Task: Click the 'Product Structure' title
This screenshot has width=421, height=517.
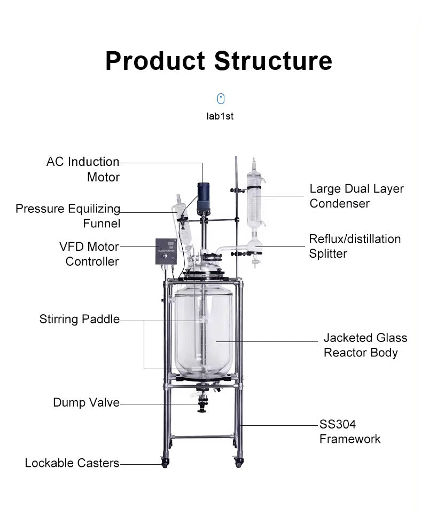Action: point(218,61)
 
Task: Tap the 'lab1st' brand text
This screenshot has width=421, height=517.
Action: point(220,116)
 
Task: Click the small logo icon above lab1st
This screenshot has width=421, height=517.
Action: point(221,99)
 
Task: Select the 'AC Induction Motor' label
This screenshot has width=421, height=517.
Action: point(83,169)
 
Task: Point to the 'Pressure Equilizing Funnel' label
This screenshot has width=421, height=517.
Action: point(68,216)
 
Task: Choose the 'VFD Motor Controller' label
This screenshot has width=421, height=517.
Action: point(89,254)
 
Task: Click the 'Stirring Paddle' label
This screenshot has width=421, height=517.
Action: point(79,320)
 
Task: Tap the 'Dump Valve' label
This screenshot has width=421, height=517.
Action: point(86,402)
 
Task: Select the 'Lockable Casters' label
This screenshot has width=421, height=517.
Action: point(72,463)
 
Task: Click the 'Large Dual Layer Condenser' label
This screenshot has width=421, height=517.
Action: point(356,196)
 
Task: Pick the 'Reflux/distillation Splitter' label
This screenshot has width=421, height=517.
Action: point(354,246)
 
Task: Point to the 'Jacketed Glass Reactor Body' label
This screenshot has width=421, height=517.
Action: point(365,345)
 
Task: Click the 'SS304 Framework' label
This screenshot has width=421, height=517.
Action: point(350,432)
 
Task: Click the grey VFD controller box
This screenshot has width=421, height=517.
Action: point(166,251)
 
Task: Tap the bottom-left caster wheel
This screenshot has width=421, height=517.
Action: point(165,462)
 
